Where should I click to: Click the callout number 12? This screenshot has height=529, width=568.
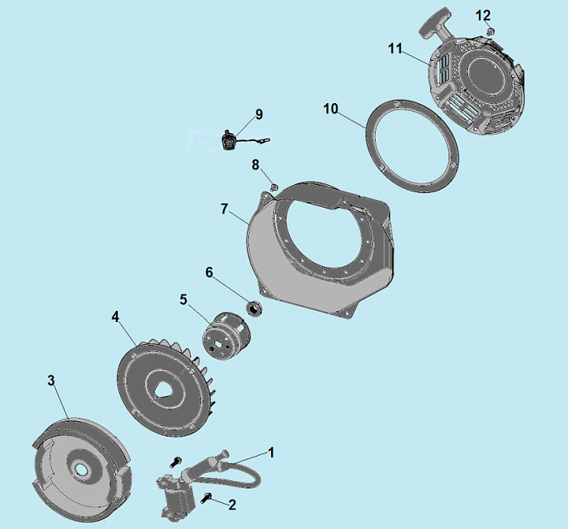coord(483,15)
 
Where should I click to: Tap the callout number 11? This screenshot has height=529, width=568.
coord(395,49)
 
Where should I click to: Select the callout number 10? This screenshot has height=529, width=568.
coord(330,109)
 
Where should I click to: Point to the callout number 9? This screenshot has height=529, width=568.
coord(259,114)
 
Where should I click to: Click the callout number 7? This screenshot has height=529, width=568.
coord(224,209)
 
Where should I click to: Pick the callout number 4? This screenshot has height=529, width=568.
coord(115,317)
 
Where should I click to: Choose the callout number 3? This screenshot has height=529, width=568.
coord(51,381)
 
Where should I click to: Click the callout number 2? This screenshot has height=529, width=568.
coord(232,505)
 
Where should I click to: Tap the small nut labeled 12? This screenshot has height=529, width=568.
coord(491,32)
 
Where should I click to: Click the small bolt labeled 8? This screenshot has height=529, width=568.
coord(274,187)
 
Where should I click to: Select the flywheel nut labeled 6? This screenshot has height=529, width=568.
coord(255,309)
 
